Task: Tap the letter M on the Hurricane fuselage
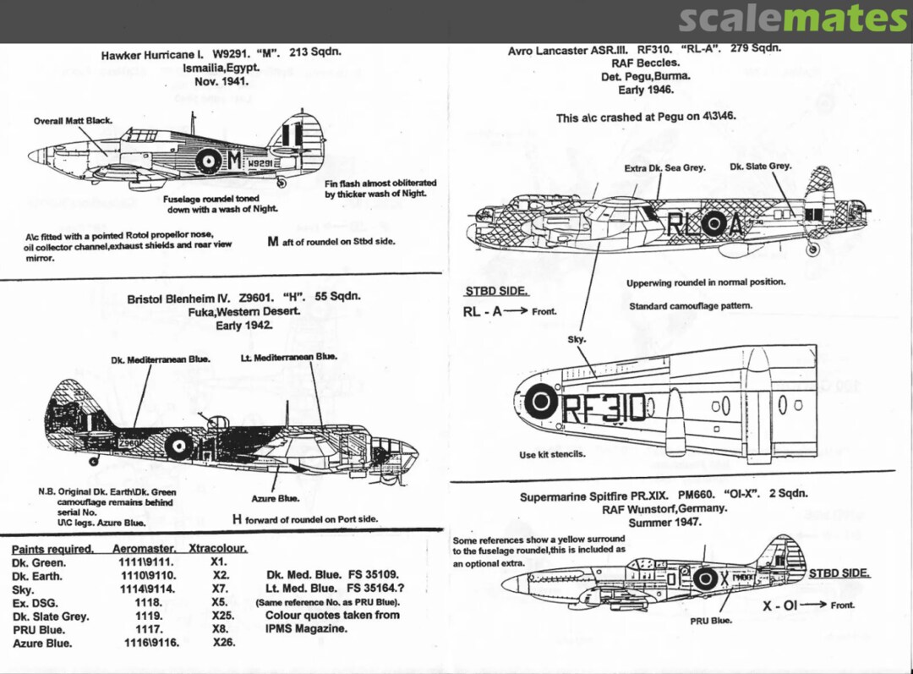[x=234, y=158]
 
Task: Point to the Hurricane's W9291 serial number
[x=260, y=162]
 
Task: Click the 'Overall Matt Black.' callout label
[x=73, y=121]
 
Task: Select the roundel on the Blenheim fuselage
[x=178, y=445]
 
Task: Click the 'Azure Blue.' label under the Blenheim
[x=275, y=499]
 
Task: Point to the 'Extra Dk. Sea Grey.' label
[x=664, y=168]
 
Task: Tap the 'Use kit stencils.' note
[x=552, y=455]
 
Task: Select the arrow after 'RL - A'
[x=517, y=311]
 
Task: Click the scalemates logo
[x=792, y=18]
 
